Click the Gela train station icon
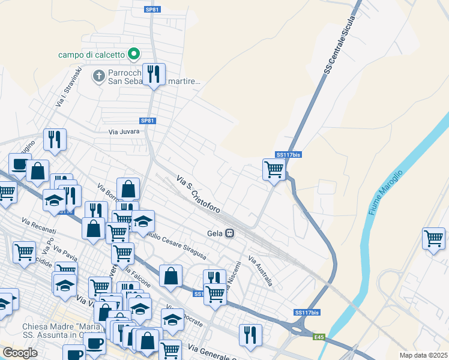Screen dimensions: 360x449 (x=229, y=233)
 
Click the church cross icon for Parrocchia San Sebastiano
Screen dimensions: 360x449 (x=98, y=76)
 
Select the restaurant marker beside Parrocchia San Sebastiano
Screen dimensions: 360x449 (x=154, y=74)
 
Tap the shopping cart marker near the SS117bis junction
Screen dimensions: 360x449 (x=274, y=170)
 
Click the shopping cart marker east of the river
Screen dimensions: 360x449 (x=433, y=238)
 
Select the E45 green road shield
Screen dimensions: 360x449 (x=318, y=337)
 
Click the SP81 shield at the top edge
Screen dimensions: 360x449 (x=152, y=10)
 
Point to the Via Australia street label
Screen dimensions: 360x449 (x=261, y=271)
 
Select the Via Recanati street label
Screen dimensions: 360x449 (x=38, y=227)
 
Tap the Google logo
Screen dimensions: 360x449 (x=20, y=353)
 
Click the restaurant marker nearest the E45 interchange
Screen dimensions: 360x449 (x=250, y=335)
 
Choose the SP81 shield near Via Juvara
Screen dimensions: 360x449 (x=148, y=121)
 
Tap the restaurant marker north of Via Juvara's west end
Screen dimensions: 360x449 (x=55, y=140)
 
